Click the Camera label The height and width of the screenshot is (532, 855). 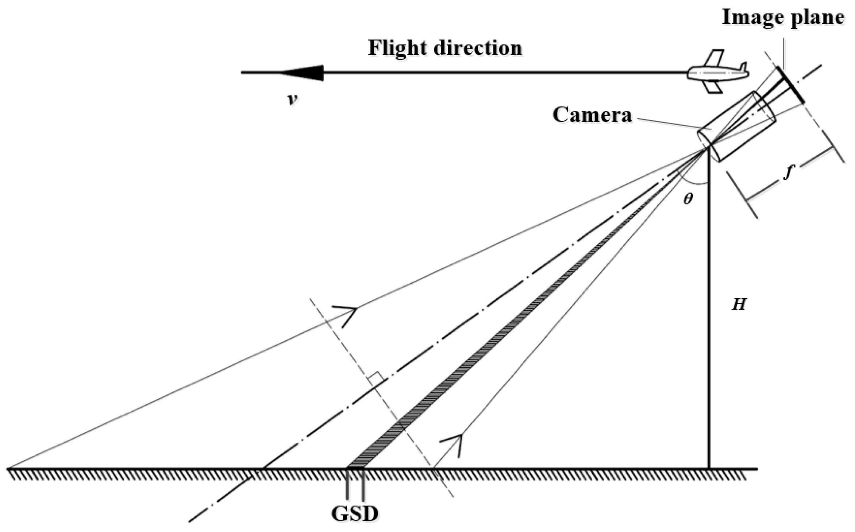[592, 115]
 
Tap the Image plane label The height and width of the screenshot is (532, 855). [783, 17]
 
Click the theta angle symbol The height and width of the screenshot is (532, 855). [688, 199]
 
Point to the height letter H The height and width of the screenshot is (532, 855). [739, 304]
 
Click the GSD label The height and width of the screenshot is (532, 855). [355, 514]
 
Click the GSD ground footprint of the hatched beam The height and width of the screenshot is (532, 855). [355, 467]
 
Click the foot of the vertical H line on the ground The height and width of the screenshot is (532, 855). [709, 467]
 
